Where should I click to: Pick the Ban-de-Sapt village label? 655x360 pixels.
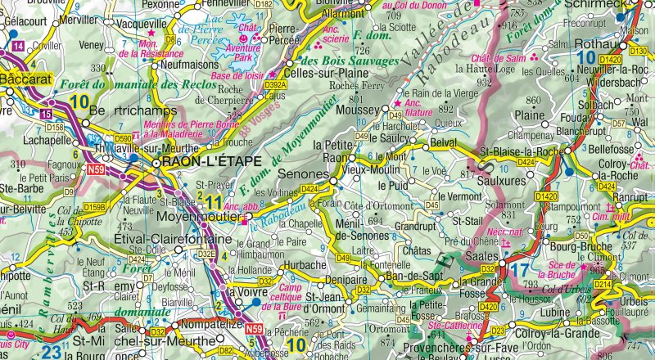(x=413, y=278)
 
